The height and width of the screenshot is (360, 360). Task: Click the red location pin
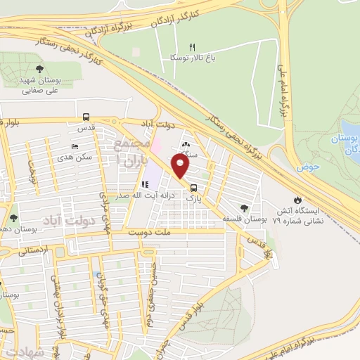pos(181,167)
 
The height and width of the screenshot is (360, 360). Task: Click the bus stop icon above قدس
pos(86,117)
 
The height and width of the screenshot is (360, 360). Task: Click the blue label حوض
pos(304,167)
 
